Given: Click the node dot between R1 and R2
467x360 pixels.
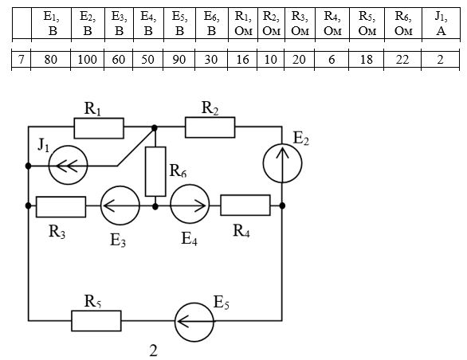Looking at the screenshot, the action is point(155,128).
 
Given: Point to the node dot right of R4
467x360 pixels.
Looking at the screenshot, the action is point(282,205).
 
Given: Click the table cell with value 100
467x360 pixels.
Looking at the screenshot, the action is point(88,60).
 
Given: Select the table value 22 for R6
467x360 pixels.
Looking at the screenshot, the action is point(402,60).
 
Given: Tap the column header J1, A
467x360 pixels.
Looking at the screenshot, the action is point(441,24).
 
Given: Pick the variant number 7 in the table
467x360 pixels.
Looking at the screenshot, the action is point(21,60).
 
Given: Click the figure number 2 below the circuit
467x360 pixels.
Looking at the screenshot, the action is point(153,350).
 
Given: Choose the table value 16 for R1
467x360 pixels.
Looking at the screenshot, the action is point(242,60).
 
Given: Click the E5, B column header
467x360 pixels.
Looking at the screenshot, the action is point(179,24).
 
